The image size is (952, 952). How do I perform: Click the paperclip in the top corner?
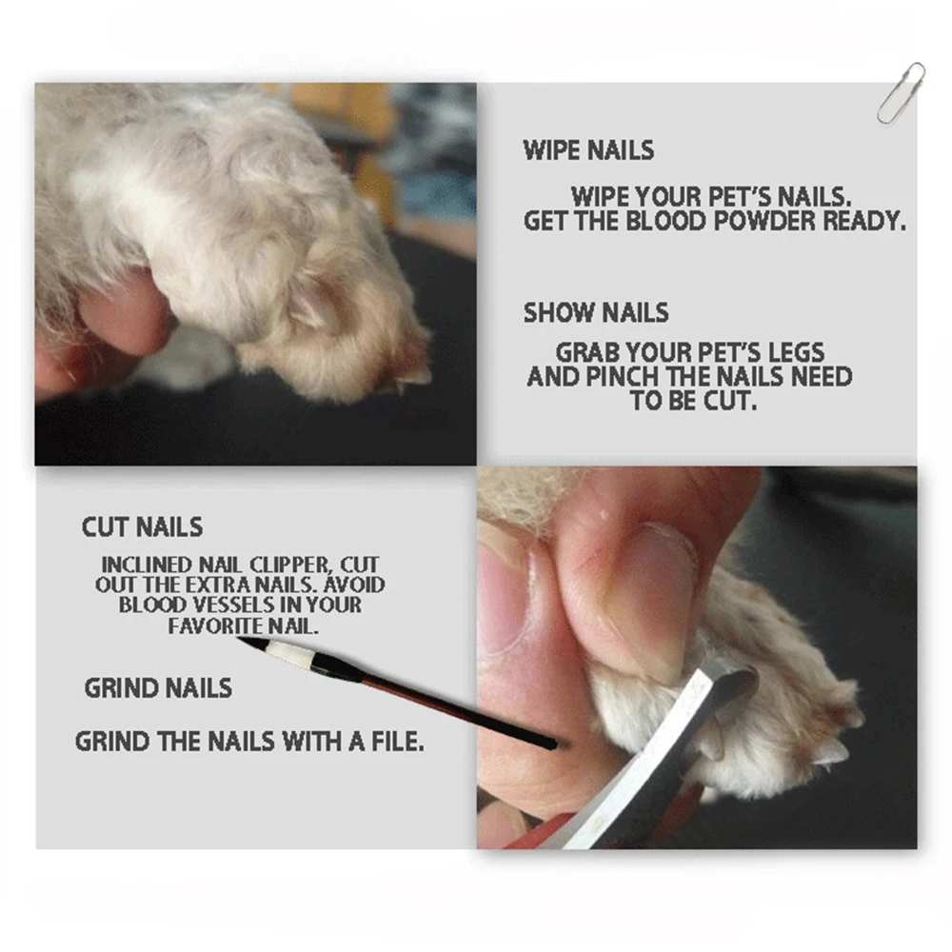[900, 92]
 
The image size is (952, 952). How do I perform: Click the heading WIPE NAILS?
[588, 150]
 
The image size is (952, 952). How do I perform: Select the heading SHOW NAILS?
[596, 312]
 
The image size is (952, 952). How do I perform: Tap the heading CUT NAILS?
[142, 526]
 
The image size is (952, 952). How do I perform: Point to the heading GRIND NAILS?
[158, 687]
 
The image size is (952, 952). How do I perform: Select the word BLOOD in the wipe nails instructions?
[657, 221]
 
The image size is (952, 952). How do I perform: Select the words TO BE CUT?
[692, 401]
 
